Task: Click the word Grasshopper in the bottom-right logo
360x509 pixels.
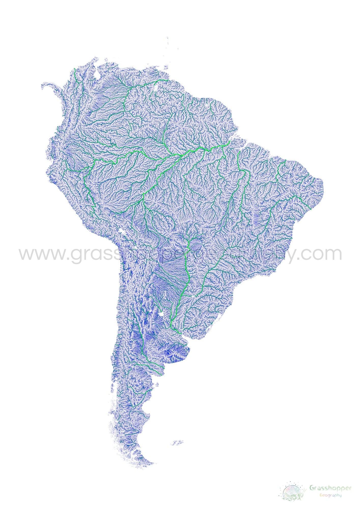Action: pos(330,488)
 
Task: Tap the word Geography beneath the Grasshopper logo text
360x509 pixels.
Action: pos(330,495)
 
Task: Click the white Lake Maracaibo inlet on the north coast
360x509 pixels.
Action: pos(97,74)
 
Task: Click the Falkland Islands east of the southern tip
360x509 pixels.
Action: pos(177,443)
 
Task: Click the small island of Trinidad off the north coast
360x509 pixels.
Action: pos(166,68)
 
